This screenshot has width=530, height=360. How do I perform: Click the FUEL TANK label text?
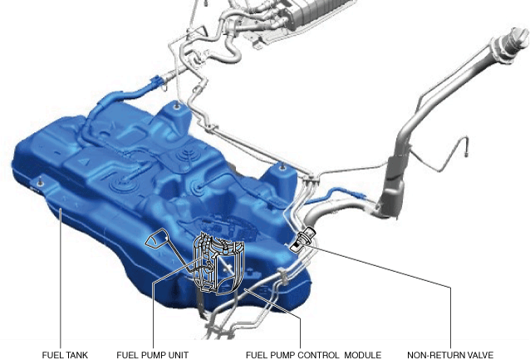pyautogui.click(x=65, y=355)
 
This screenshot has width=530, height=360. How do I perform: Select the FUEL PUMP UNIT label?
pyautogui.click(x=153, y=355)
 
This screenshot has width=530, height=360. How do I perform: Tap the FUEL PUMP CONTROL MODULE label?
pyautogui.click(x=313, y=355)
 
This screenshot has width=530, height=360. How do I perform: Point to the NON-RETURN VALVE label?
pyautogui.click(x=450, y=355)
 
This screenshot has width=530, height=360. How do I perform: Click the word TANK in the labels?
pyautogui.click(x=76, y=355)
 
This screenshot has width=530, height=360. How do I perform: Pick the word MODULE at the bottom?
pyautogui.click(x=363, y=355)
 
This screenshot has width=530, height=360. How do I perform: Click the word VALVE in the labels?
pyautogui.click(x=479, y=355)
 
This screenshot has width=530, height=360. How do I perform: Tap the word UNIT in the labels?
pyautogui.click(x=178, y=355)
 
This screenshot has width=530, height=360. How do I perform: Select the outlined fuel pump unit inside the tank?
pyautogui.click(x=218, y=264)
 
